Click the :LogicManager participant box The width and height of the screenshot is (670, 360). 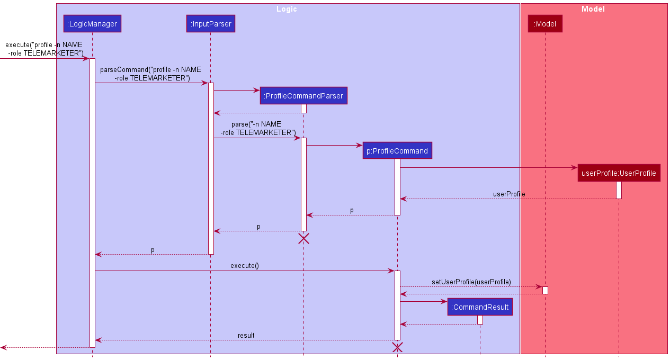[x=92, y=23]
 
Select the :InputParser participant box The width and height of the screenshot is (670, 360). [x=210, y=23]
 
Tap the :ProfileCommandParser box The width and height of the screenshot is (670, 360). [x=303, y=96]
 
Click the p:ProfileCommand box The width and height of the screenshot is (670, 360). [x=397, y=151]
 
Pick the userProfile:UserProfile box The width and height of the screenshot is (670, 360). [x=619, y=173]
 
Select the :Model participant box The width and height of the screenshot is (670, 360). [x=545, y=23]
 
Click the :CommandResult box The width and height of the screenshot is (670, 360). [x=480, y=307]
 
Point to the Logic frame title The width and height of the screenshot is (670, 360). [x=287, y=9]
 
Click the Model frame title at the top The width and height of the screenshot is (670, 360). [x=593, y=9]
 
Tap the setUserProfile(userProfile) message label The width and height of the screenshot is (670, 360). [x=471, y=282]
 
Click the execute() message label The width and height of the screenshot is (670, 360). [x=245, y=265]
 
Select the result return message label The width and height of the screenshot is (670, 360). [x=246, y=335]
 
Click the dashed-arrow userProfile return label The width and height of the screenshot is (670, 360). [x=509, y=194]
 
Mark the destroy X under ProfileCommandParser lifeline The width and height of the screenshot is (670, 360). [x=303, y=238]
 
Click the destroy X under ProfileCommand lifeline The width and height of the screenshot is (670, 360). [x=397, y=347]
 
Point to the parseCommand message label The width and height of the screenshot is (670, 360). [x=151, y=74]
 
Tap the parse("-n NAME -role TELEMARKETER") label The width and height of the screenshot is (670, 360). [x=258, y=128]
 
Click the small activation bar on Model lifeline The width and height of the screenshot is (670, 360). [x=545, y=290]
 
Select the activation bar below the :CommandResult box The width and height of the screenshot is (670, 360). [x=480, y=320]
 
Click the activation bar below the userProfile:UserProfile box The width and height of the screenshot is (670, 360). [x=619, y=190]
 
